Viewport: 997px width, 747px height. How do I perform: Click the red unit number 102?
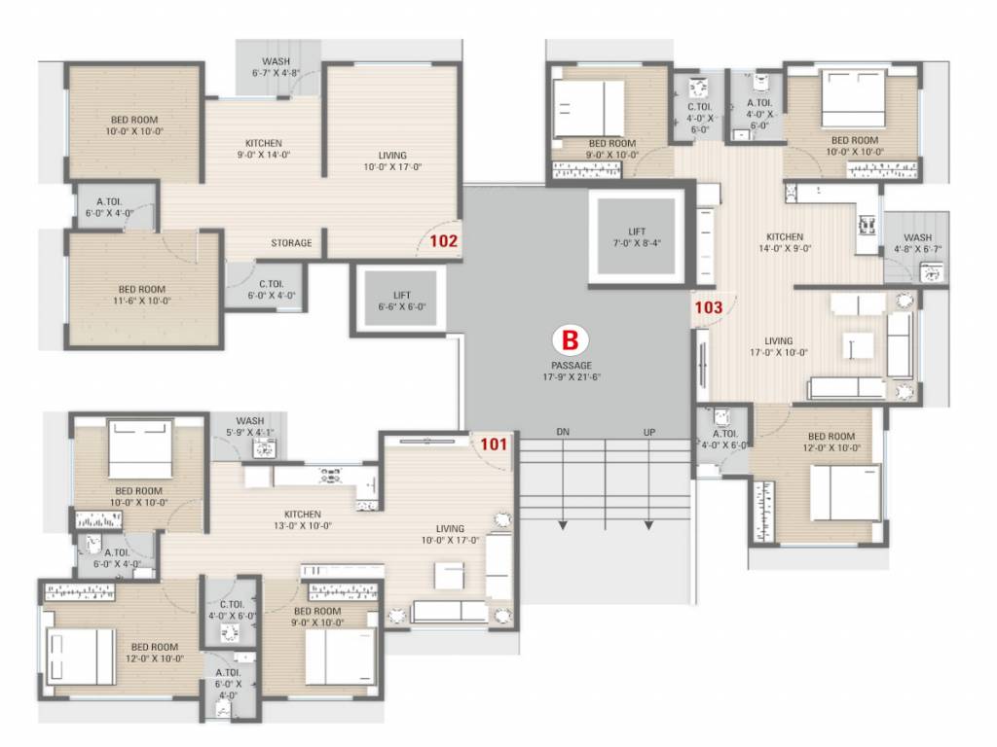[x=442, y=239]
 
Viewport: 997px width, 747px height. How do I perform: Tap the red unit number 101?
[x=494, y=445]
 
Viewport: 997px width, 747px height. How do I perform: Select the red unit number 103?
[x=708, y=307]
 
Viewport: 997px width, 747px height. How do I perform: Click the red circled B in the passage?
[x=570, y=340]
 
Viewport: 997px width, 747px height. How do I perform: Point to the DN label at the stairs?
[x=563, y=432]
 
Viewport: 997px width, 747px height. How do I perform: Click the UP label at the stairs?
[x=648, y=432]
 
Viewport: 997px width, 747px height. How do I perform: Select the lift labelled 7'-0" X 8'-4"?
[x=638, y=237]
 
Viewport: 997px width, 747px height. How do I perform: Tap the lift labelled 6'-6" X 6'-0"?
[x=401, y=301]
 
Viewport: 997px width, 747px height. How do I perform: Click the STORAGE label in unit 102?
[x=292, y=243]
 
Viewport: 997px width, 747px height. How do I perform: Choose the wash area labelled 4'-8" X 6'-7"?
[x=917, y=243]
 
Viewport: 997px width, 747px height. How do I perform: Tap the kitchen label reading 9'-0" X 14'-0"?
[x=264, y=148]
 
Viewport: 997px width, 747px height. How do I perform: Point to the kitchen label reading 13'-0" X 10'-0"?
[x=303, y=520]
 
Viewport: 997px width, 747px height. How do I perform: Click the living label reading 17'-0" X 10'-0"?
[x=778, y=347]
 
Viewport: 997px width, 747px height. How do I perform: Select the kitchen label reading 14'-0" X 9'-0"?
[x=785, y=243]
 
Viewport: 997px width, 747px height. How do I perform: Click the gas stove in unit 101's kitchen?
[x=331, y=476]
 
